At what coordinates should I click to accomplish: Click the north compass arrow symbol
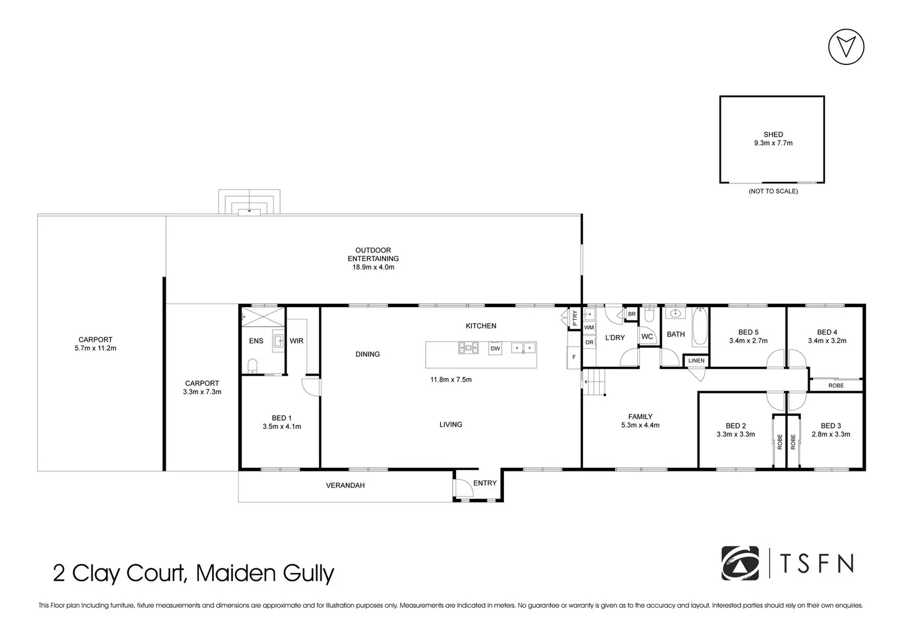tap(846, 47)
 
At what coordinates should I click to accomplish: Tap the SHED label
tap(773, 135)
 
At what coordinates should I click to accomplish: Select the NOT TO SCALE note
tap(773, 191)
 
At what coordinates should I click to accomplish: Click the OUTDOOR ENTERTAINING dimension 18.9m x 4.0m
tap(373, 267)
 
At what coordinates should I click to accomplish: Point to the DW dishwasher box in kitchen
tap(495, 349)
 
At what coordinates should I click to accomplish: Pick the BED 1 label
tap(282, 418)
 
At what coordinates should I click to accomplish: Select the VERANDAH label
tap(346, 486)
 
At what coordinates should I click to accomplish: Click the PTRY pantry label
tap(574, 319)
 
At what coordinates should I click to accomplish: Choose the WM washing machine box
tap(589, 327)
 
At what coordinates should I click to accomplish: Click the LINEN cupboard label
tap(696, 360)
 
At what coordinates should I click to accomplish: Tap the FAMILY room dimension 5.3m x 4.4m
tap(640, 425)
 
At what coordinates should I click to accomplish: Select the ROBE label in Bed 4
tap(836, 386)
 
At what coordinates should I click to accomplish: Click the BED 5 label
tap(748, 332)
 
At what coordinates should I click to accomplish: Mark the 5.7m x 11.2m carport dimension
tap(96, 349)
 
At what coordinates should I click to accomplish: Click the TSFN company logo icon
tap(740, 563)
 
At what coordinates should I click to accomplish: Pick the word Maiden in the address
tap(237, 573)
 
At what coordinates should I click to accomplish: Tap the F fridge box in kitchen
tap(574, 357)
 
